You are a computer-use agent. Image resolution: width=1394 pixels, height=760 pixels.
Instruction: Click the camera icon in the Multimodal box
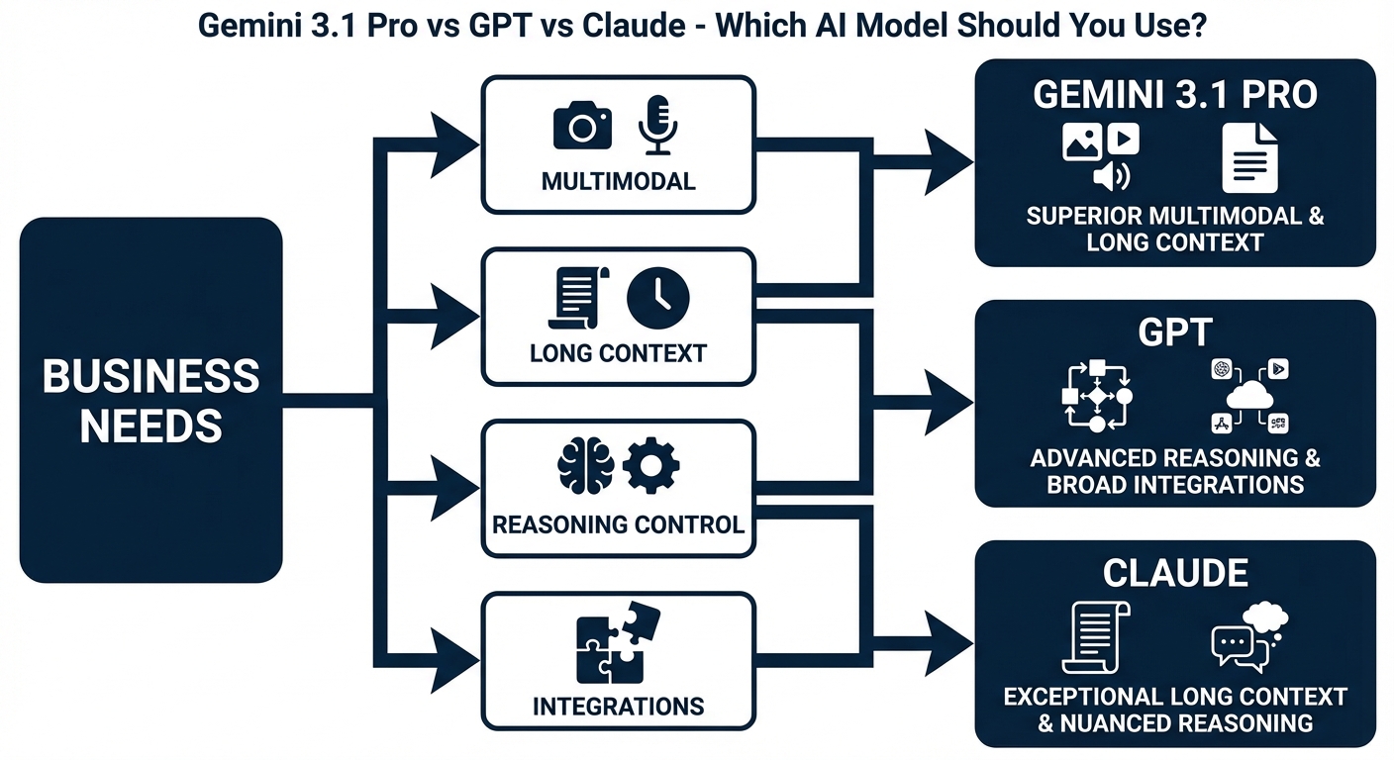[581, 126]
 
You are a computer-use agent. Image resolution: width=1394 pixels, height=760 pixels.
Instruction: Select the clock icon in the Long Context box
[658, 297]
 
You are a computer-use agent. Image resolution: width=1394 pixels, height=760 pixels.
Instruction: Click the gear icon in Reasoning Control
[651, 467]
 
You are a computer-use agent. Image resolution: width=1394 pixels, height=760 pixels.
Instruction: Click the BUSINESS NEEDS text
[151, 401]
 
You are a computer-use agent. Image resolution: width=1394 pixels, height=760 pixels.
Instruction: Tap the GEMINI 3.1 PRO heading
[1175, 95]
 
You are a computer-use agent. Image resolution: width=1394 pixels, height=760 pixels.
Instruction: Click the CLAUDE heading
[1175, 572]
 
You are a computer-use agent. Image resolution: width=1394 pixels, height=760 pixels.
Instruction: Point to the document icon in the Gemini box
[1249, 157]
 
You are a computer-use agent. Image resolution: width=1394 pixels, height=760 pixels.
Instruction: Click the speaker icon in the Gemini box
[1111, 176]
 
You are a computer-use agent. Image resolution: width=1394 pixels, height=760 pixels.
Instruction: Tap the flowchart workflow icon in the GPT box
[1096, 396]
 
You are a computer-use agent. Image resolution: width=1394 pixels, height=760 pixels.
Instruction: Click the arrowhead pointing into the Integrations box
[457, 656]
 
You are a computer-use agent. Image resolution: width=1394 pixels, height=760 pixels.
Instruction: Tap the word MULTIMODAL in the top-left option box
[618, 182]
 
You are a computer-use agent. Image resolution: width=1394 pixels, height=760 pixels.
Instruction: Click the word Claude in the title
[633, 26]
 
